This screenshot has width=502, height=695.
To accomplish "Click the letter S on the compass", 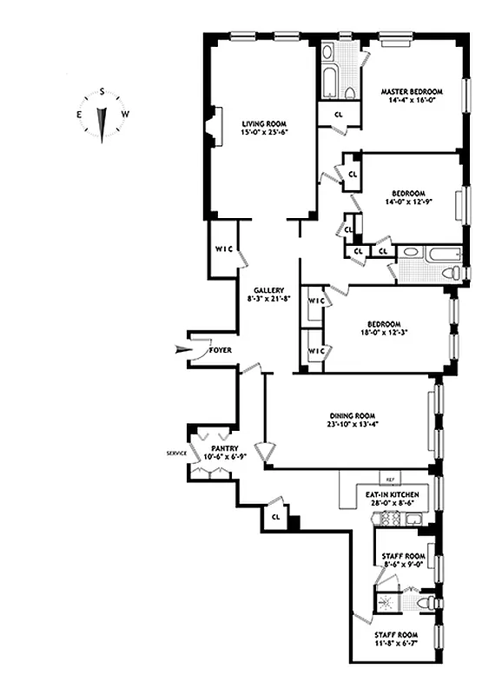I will tap(102, 91).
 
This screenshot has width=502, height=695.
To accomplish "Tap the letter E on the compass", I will tap(79, 114).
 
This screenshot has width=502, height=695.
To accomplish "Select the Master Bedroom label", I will tap(411, 91).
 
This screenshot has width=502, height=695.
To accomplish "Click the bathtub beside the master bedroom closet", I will tap(331, 82).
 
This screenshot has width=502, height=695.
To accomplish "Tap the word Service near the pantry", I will tap(177, 453).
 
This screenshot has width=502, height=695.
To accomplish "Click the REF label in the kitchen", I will tap(390, 480).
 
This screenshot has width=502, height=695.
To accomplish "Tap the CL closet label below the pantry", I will tap(276, 516).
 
